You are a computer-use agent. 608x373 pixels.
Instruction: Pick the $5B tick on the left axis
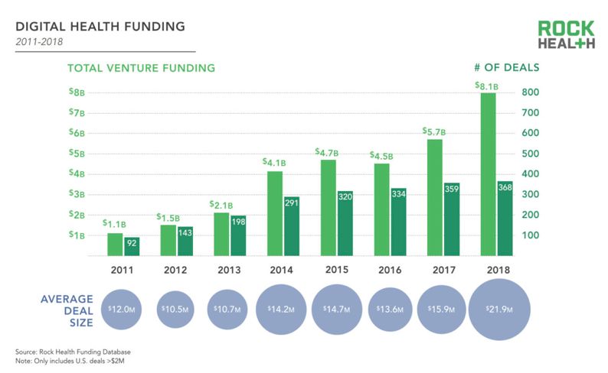pos(77,153)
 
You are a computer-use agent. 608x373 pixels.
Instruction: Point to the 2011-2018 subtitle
pos(41,41)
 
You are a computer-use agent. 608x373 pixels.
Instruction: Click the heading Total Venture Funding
pos(141,68)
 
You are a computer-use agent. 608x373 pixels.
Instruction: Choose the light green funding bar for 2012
pos(168,241)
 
